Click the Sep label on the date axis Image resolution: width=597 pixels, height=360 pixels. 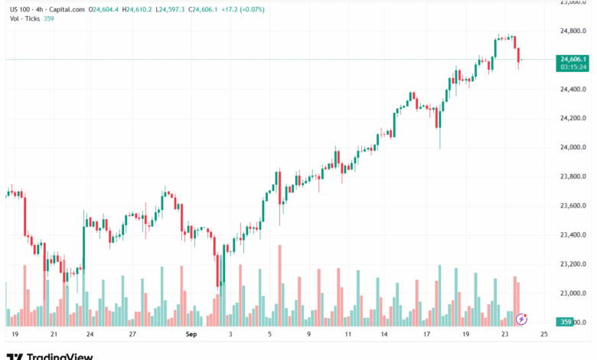pos(191,335)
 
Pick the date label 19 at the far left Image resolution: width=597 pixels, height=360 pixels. pos(15,335)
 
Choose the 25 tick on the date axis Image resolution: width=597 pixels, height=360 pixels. pos(543,335)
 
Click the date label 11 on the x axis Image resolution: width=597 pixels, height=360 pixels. pos(347,335)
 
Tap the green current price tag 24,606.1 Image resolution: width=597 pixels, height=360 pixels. pos(573,59)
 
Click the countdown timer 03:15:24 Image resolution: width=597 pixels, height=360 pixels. pos(573,67)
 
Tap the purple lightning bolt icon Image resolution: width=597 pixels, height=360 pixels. pos(522,318)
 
